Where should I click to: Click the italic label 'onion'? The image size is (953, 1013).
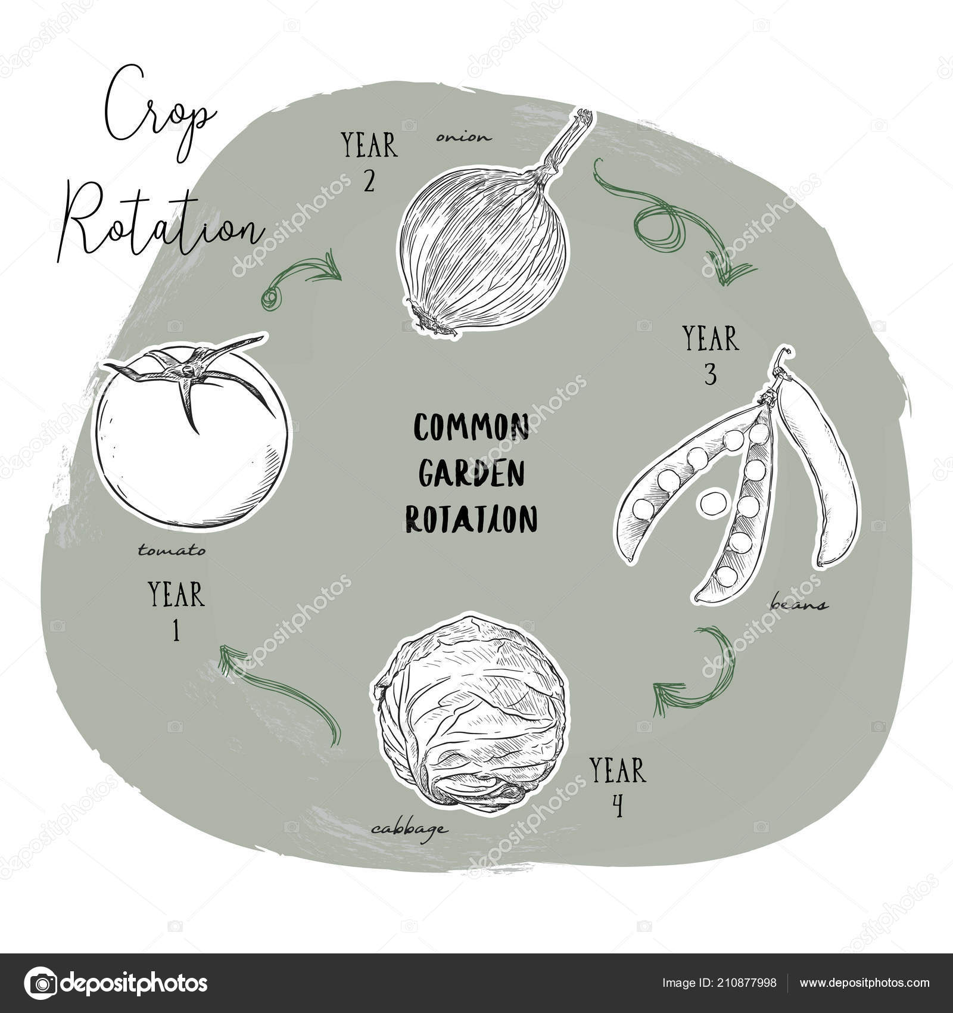464,137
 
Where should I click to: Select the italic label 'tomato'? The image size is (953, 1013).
172,550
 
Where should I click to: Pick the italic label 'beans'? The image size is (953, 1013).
798,604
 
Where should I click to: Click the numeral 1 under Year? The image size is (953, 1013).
176,630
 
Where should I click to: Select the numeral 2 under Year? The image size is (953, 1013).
369,180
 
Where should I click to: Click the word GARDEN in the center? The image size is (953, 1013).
471,473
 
